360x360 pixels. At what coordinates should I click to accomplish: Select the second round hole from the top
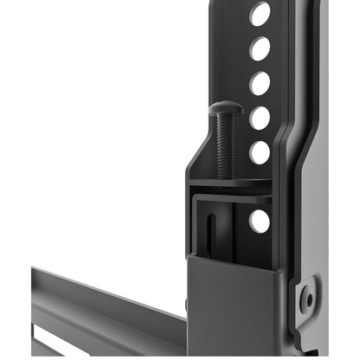click(260, 48)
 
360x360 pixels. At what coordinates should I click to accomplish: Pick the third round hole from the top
click(260, 84)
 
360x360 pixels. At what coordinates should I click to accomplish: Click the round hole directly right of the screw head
click(260, 118)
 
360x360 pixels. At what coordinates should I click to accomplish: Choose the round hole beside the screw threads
click(260, 152)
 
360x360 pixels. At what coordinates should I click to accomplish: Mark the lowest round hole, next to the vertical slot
click(260, 221)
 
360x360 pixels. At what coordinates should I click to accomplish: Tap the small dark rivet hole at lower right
click(305, 299)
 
